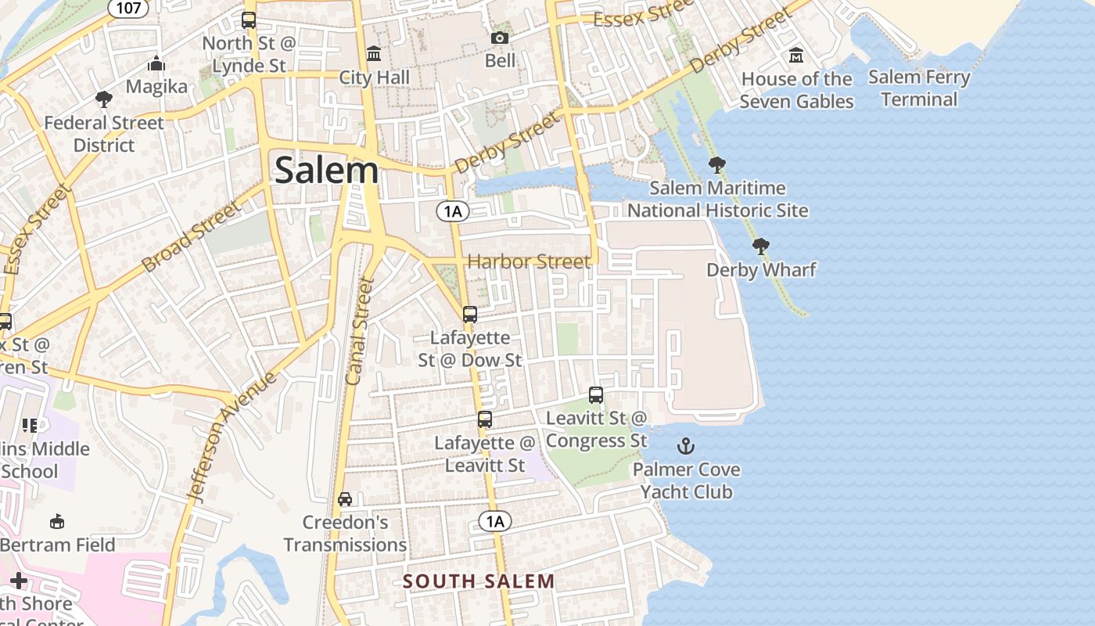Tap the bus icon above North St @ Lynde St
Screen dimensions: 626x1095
point(249,20)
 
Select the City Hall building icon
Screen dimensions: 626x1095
point(374,54)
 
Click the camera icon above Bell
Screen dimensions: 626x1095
point(499,38)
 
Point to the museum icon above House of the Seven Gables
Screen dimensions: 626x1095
point(796,56)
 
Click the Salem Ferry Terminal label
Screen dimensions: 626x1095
point(919,88)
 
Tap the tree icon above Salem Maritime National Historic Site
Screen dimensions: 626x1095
point(716,164)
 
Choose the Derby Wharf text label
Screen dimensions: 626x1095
point(761,270)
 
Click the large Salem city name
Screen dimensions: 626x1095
point(326,170)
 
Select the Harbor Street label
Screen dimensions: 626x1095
point(529,261)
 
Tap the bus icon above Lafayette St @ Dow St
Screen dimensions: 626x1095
point(469,315)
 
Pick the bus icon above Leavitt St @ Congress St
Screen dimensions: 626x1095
point(596,395)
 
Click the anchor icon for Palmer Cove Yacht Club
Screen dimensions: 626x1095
point(685,446)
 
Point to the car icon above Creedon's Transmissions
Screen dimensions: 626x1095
point(344,499)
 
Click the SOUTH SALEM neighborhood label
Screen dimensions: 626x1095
point(479,581)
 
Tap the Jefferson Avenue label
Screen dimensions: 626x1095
point(232,435)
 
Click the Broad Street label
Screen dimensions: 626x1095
point(192,236)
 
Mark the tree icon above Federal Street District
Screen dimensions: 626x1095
point(103,99)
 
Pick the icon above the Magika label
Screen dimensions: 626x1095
point(156,63)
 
